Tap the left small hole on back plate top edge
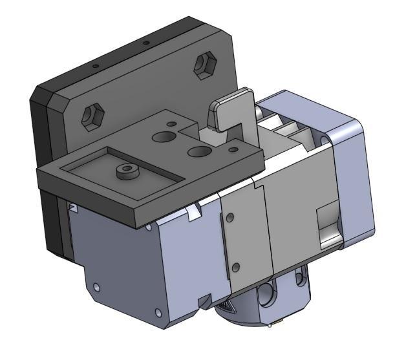95,66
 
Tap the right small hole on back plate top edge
146,43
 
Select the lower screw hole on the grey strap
236,266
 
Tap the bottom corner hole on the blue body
157,315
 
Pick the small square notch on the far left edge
74,207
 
